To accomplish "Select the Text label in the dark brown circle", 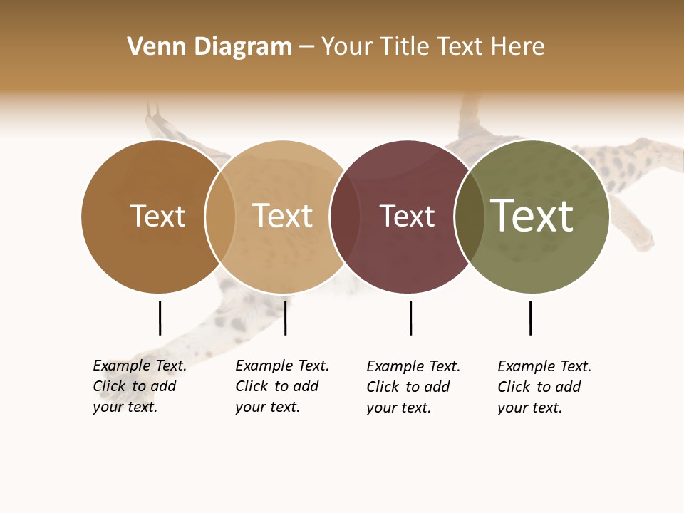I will pyautogui.click(x=157, y=216).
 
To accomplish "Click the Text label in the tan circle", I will pyautogui.click(x=282, y=216).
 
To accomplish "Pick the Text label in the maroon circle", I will pyautogui.click(x=407, y=216).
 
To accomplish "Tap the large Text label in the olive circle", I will pyautogui.click(x=532, y=216).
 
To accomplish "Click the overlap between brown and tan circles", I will pyautogui.click(x=220, y=217).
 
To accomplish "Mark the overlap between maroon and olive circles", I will pyautogui.click(x=469, y=217).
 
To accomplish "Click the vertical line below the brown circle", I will pyautogui.click(x=160, y=318).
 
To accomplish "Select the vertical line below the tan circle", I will pyautogui.click(x=285, y=318).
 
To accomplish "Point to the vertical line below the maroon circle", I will pyautogui.click(x=410, y=318).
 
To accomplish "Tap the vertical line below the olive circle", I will pyautogui.click(x=530, y=318).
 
